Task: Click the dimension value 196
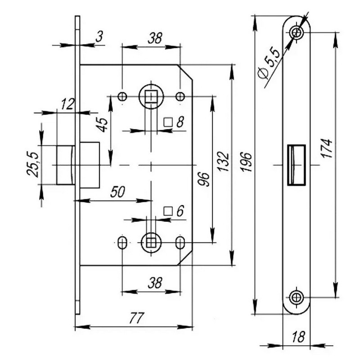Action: tap(247, 165)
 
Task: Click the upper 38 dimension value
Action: tap(155, 38)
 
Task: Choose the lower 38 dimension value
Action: tap(155, 283)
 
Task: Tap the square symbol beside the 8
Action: tap(168, 122)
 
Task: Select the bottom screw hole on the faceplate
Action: tap(296, 297)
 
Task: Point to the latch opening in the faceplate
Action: tap(296, 165)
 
